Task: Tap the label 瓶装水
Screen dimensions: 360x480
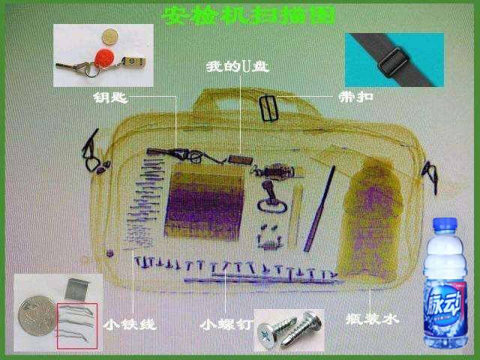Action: (x=372, y=319)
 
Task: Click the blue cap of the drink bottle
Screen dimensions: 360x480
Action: (x=445, y=224)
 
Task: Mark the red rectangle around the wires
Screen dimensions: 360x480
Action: (x=77, y=325)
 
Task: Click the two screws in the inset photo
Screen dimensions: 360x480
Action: (x=289, y=330)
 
